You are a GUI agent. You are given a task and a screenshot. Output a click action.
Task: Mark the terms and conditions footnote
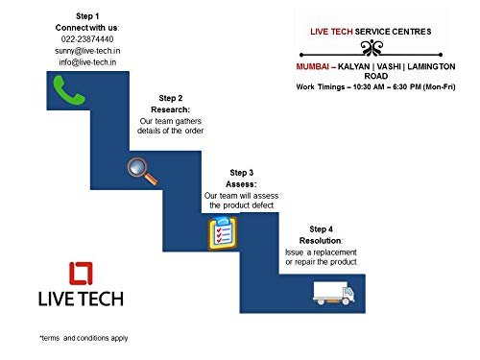click(84, 338)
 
